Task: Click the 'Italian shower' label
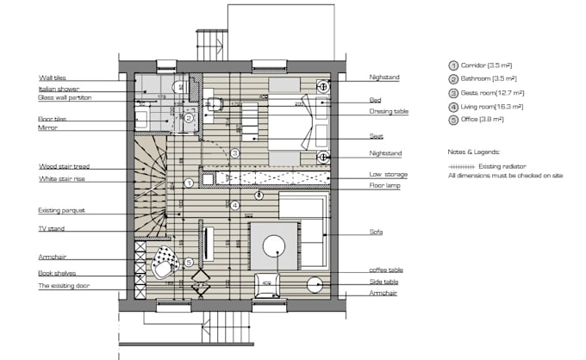click(x=59, y=89)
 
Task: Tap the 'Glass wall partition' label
click(x=65, y=98)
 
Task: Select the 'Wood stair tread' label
click(x=63, y=166)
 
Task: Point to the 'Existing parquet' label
click(x=61, y=210)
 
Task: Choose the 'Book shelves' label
click(x=56, y=273)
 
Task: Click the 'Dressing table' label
click(x=389, y=112)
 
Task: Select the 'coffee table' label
click(x=386, y=270)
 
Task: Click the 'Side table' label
click(x=383, y=282)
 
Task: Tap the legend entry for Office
click(x=481, y=121)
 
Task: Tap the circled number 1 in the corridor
click(x=189, y=183)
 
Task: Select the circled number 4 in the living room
click(x=234, y=205)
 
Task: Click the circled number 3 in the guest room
click(x=234, y=153)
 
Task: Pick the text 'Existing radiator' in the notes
click(x=506, y=164)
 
